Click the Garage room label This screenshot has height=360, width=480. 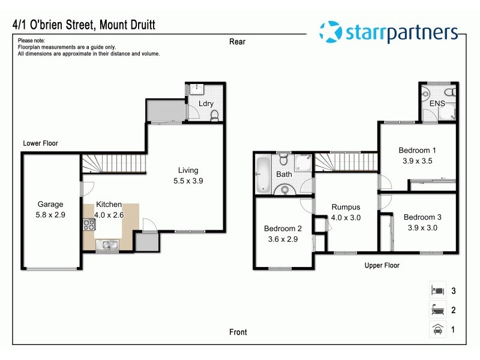point(50,204)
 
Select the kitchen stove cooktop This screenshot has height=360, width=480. point(89,226)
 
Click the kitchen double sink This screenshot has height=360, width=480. point(107,244)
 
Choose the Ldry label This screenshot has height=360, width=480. point(206,103)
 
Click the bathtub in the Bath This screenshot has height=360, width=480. point(263,175)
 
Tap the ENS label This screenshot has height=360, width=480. point(436,103)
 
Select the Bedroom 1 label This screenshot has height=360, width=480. point(417,150)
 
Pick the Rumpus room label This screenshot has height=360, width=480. point(346,208)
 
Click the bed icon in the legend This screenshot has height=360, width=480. point(437,291)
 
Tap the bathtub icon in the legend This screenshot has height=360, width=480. point(437,310)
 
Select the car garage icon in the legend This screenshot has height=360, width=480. point(437,329)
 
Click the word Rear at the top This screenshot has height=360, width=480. point(238,41)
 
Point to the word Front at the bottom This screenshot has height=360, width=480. point(238,332)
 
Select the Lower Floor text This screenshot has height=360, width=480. point(40,143)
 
